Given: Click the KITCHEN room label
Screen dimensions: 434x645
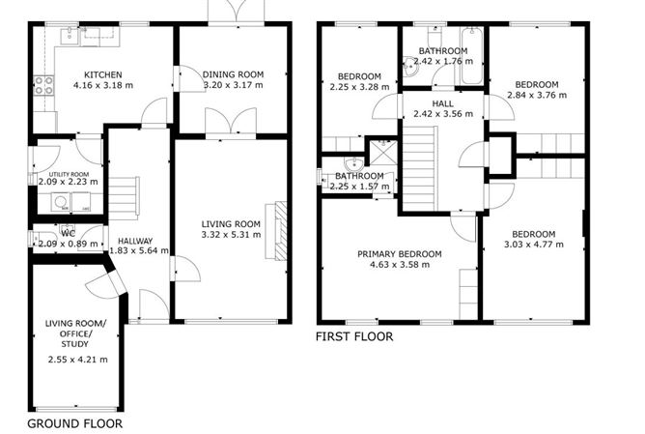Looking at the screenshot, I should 101,74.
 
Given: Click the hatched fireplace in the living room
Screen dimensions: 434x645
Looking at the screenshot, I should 280,230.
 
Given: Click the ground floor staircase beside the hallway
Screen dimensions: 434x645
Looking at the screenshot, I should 124,198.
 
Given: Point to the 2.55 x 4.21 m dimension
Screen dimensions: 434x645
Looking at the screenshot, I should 76,360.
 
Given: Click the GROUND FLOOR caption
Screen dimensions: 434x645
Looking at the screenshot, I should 74,422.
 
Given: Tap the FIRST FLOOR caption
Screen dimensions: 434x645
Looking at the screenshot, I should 354,337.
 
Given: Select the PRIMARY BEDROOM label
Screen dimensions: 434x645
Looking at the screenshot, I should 399,254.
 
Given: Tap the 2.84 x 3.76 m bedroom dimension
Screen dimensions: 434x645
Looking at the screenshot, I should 537,95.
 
